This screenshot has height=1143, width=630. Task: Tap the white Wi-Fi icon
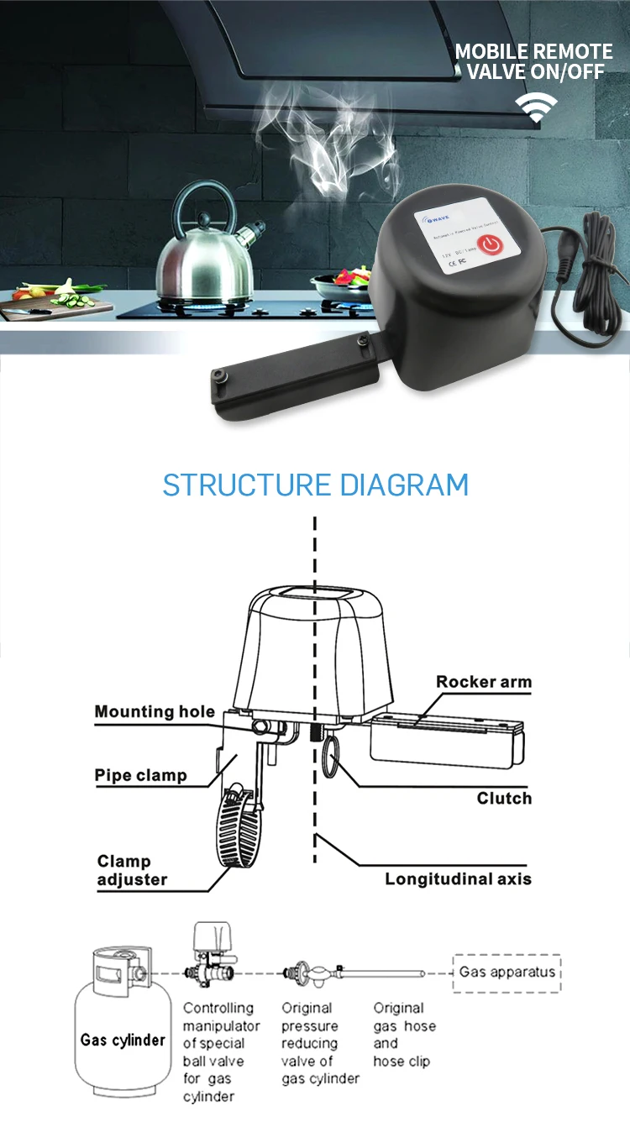pos(536,107)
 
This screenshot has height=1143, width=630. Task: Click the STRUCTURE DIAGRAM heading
pos(315,485)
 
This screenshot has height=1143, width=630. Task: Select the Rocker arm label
pos(484,682)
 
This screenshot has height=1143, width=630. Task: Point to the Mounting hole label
pos(155,712)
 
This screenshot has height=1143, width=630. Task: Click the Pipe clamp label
pos(140,775)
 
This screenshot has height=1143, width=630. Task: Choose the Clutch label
pos(504,798)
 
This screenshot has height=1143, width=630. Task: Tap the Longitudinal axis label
pos(458,879)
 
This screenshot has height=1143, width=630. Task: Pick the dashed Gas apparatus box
pos(507,973)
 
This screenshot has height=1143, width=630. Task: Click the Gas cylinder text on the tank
pos(123,1040)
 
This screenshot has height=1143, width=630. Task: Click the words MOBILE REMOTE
pos(533,52)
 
